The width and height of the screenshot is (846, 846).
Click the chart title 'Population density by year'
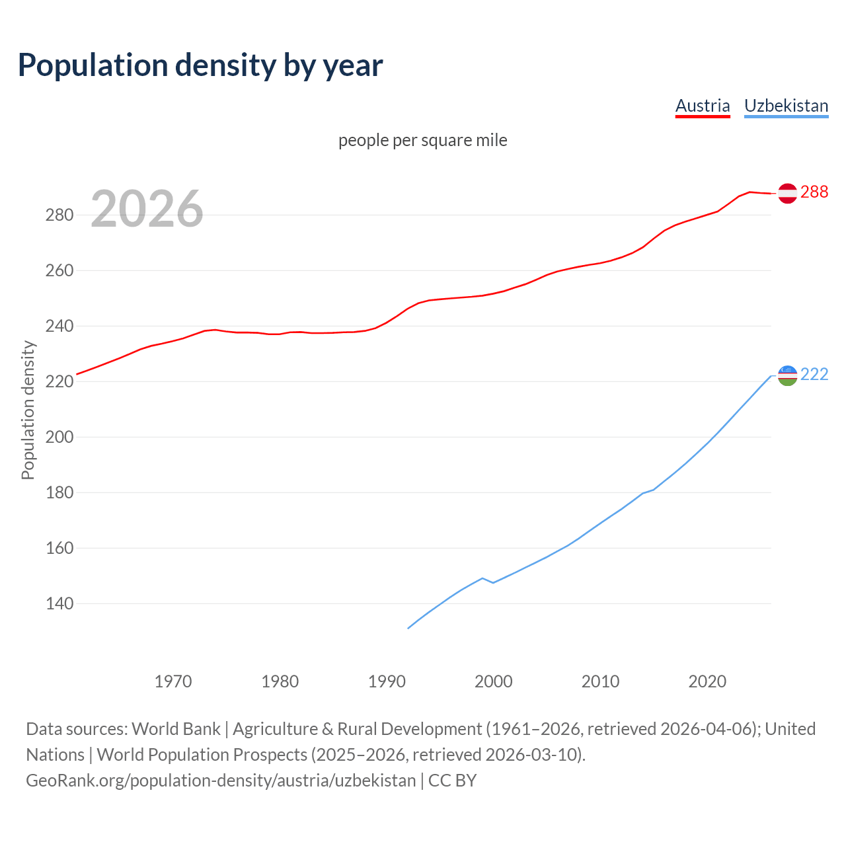point(200,65)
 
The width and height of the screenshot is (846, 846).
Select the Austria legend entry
point(702,106)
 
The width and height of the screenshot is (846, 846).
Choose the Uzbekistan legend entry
point(786,106)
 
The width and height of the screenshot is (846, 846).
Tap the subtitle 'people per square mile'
point(422,140)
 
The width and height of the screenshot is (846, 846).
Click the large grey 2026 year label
point(147,209)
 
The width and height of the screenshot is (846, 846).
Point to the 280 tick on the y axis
point(59,215)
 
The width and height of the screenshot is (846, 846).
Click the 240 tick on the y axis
point(59,327)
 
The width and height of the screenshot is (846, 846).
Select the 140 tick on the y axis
point(59,604)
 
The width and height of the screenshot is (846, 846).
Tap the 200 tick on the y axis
point(59,438)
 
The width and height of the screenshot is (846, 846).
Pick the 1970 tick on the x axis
point(173,681)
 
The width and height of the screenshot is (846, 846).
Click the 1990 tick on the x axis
point(387,681)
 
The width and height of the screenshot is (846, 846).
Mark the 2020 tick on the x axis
point(707,681)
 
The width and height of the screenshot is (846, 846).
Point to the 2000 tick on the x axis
point(494,681)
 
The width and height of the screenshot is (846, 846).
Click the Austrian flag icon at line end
point(787,193)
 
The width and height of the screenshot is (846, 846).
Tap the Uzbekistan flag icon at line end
point(787,375)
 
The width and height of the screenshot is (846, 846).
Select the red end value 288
point(814,192)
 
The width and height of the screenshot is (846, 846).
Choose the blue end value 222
point(814,375)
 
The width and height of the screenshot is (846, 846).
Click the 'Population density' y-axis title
point(28,410)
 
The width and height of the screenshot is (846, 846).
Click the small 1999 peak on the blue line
point(482,578)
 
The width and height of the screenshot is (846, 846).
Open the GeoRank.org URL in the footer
point(221,780)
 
